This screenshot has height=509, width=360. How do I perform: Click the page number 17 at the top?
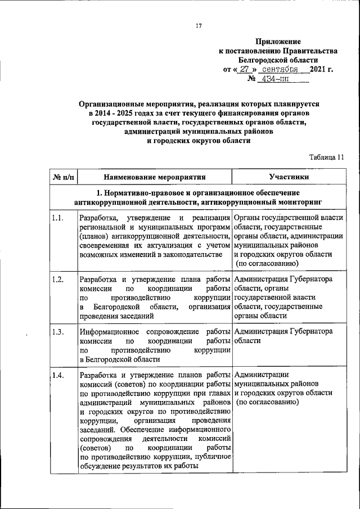click(199, 26)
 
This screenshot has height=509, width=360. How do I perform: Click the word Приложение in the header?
click(278, 41)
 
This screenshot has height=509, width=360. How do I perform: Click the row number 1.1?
click(57, 218)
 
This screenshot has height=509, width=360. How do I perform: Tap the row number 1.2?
click(57, 280)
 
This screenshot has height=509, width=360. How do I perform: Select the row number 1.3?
click(57, 331)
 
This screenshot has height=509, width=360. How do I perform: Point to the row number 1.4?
click(57, 375)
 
